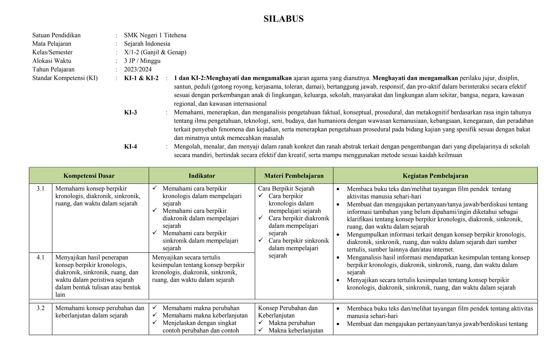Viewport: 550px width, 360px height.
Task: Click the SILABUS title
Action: point(283,19)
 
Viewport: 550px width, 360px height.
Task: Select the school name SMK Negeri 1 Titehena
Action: point(155,35)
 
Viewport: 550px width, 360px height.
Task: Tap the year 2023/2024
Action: point(138,69)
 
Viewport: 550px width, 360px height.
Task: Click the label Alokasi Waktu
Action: point(52,61)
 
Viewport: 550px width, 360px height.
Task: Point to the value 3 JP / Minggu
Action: point(142,61)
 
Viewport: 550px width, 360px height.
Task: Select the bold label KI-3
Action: point(131,112)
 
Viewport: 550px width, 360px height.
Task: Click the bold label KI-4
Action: point(131,146)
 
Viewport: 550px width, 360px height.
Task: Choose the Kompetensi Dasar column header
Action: point(89,176)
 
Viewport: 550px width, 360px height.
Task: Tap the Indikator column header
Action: point(202,176)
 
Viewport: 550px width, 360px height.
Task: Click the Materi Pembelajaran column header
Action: point(294,176)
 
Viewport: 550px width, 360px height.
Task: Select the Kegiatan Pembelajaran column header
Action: point(435,176)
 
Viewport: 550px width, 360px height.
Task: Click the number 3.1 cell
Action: point(41,189)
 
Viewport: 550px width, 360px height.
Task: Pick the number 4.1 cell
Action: point(41,257)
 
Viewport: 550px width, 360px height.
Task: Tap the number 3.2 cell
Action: point(41,308)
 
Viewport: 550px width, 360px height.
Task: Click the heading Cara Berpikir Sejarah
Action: point(286,189)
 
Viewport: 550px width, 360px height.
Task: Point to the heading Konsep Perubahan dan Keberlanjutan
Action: point(288,312)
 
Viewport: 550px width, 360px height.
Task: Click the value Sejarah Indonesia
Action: point(147,44)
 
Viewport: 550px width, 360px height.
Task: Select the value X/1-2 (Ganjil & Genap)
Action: point(155,52)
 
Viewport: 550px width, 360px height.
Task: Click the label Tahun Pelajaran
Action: point(53,69)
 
